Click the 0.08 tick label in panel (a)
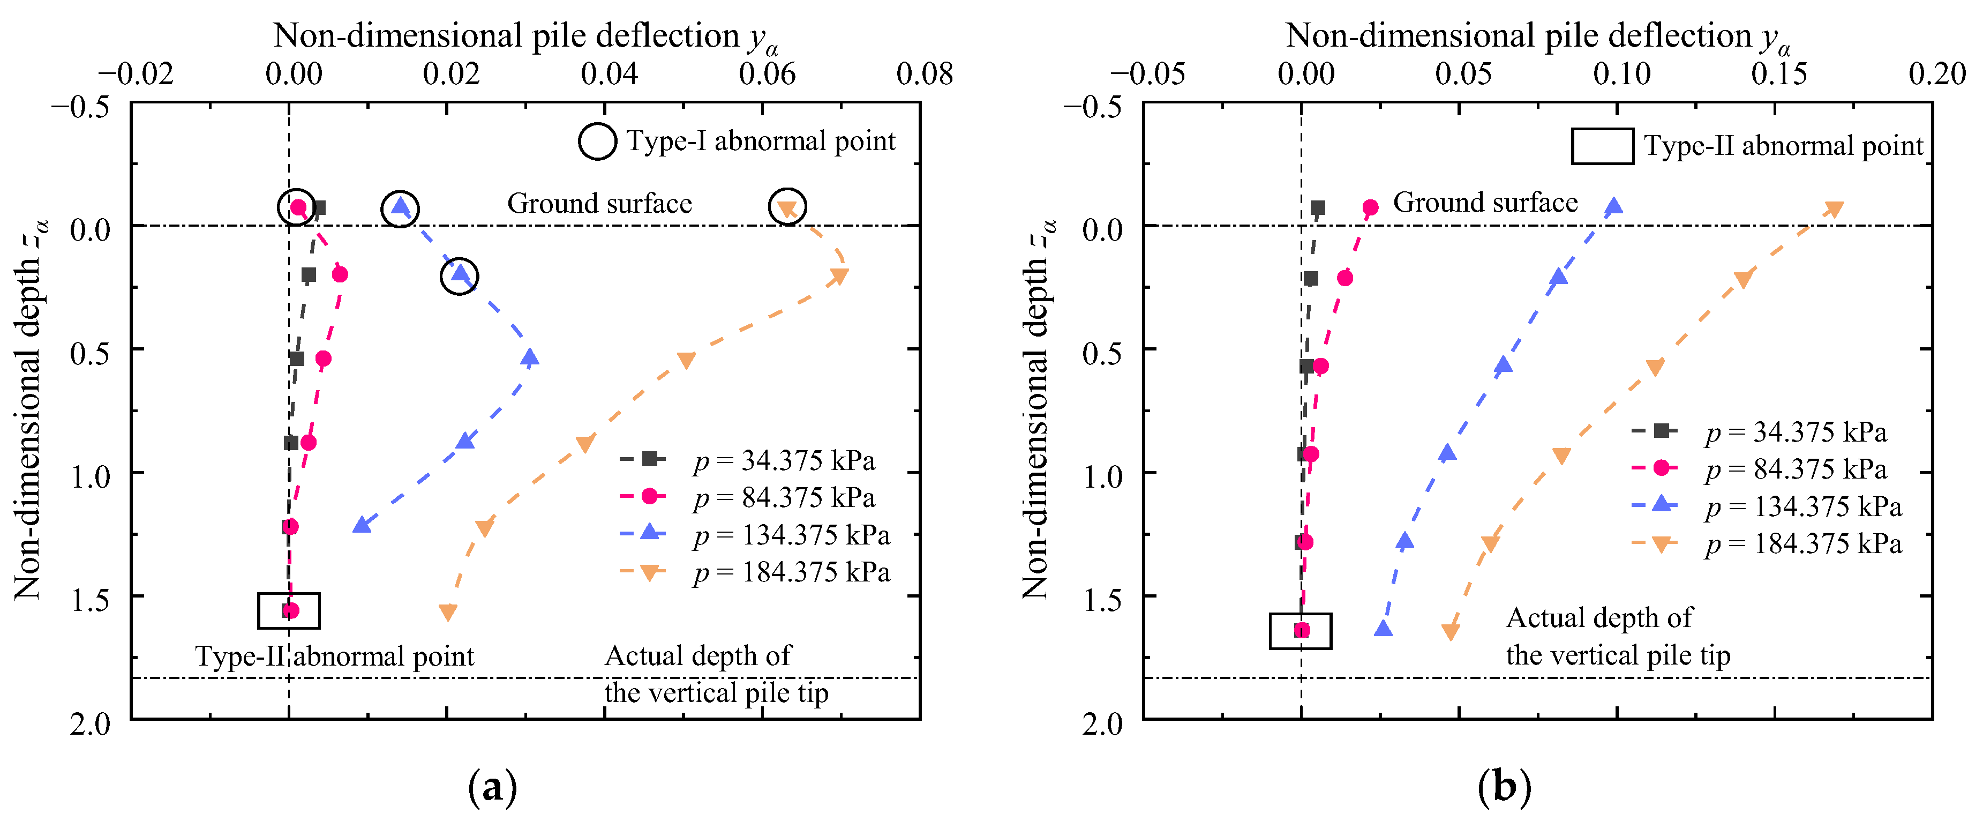tap(925, 74)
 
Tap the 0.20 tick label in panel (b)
tap(1937, 74)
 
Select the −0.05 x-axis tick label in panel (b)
tap(1147, 74)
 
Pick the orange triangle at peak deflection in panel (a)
tap(839, 275)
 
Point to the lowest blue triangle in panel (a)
tap(362, 525)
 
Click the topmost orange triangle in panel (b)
tap(1835, 208)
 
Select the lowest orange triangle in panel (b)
tap(1451, 631)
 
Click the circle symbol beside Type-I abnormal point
tap(597, 141)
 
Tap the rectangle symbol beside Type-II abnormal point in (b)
tap(1602, 146)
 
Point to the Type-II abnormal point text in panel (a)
tap(335, 656)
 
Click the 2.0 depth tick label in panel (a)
tap(90, 724)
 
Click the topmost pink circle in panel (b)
tap(1370, 207)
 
